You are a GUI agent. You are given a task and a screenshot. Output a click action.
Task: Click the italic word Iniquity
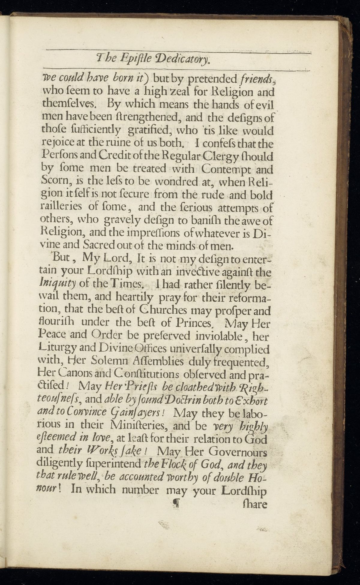(58, 283)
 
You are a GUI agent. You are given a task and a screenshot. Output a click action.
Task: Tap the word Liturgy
(58, 349)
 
